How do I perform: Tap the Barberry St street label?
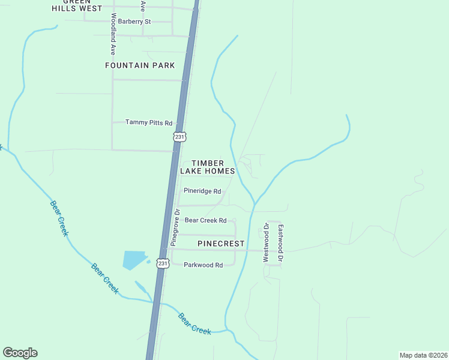coord(134,22)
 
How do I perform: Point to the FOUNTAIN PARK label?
coord(140,65)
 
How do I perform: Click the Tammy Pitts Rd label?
coord(149,122)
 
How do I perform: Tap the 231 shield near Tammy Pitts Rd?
coord(179,136)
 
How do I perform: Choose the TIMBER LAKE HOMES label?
coord(208,167)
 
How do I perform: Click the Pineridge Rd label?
coord(202,191)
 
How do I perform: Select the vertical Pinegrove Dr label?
coord(176,228)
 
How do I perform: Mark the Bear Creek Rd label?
coord(205,221)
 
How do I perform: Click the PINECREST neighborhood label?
coord(221,244)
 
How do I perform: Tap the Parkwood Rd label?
coord(203,265)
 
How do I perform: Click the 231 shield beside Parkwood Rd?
coord(162,263)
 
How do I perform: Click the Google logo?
coord(20,353)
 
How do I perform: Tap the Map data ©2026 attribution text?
coord(423,355)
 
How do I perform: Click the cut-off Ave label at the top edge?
coord(142,6)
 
